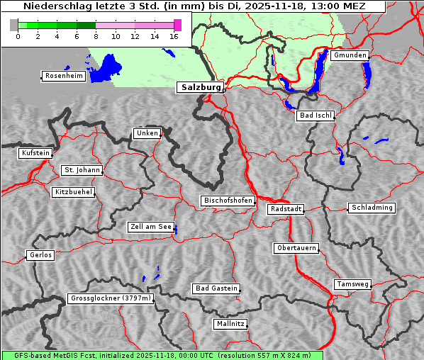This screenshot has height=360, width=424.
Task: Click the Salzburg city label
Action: [200, 87]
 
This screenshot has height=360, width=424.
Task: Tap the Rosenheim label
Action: [63, 76]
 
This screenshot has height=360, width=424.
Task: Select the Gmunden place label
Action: [350, 55]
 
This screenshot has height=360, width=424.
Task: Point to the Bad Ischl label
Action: [315, 116]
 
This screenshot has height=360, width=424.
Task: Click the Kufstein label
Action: [35, 153]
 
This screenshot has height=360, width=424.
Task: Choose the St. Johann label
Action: [82, 170]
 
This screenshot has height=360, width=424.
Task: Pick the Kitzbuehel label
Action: [73, 192]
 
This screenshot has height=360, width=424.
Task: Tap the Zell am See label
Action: [151, 227]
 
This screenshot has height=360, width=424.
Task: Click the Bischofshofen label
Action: [228, 201]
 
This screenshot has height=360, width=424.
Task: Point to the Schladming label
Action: [371, 208]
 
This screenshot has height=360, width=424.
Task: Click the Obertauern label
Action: [296, 248]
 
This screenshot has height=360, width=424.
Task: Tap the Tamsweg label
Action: [352, 284]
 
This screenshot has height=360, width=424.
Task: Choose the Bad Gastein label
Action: [216, 288]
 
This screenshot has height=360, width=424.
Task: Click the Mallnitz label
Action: [230, 324]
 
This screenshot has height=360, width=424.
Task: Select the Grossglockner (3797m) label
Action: [111, 298]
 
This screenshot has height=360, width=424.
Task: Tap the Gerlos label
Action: [40, 255]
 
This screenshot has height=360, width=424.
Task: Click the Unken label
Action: [146, 133]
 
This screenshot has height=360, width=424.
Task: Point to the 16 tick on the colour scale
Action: [174, 36]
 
